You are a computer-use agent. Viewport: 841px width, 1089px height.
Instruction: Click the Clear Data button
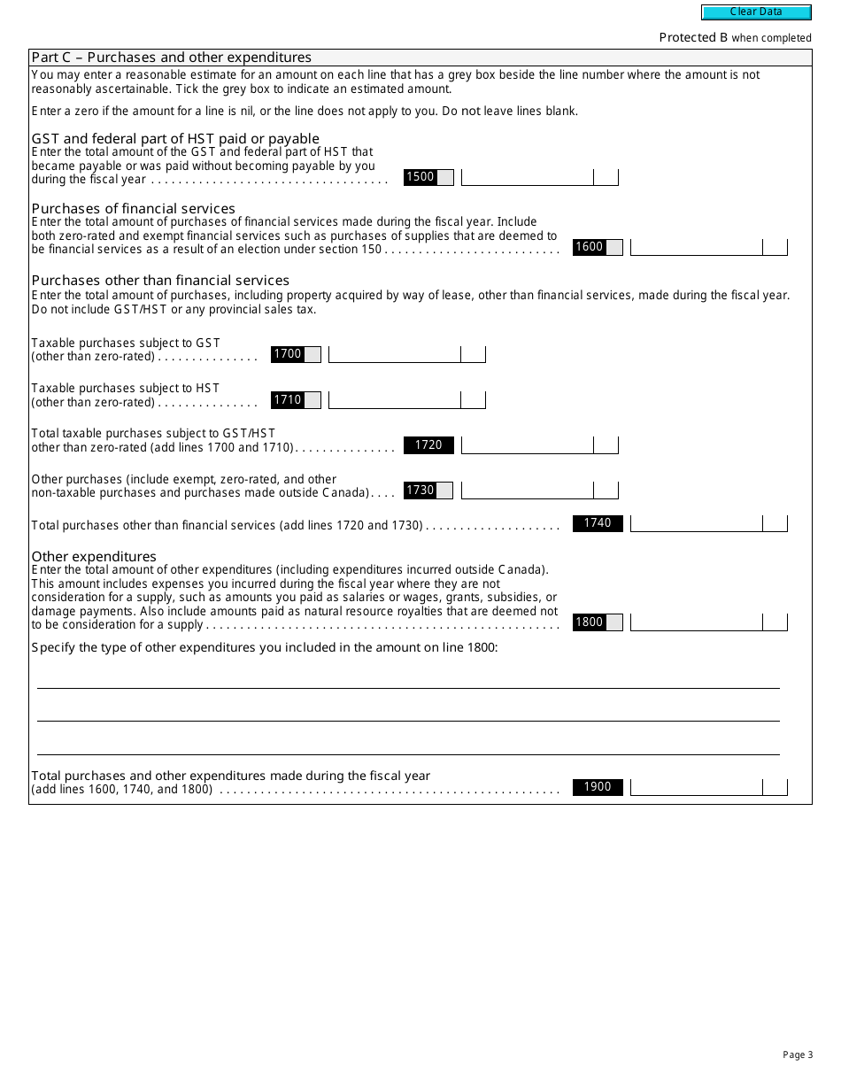pos(756,12)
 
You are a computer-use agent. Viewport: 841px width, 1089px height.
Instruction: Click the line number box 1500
pos(420,177)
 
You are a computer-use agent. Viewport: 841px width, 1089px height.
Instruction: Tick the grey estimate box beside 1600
pos(614,247)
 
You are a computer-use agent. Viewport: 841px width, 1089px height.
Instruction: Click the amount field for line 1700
pos(394,354)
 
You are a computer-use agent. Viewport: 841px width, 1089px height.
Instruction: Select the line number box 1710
pos(288,400)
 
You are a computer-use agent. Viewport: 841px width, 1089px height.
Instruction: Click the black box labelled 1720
pos(428,445)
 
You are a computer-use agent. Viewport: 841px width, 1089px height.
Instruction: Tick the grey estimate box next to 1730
pos(445,490)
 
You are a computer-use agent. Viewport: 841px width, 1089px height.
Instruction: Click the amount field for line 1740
pos(696,523)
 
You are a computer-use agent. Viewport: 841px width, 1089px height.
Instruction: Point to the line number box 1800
pos(590,622)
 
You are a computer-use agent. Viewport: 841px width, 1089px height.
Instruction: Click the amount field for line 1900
pos(696,787)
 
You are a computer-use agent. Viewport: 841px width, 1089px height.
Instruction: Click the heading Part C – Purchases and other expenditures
pos(172,58)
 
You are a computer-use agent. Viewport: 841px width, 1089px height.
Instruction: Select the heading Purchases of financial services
pos(134,209)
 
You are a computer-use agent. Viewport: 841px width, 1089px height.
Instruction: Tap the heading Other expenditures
pos(94,556)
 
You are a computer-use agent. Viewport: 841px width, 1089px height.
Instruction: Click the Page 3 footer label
pos(798,1054)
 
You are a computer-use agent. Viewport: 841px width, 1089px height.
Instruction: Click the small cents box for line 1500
pos(606,177)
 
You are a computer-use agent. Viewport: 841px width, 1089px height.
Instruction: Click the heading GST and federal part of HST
pos(175,139)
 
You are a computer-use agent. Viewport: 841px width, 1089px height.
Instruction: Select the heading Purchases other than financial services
pos(160,281)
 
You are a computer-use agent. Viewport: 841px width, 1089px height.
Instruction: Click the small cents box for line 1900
pos(775,787)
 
